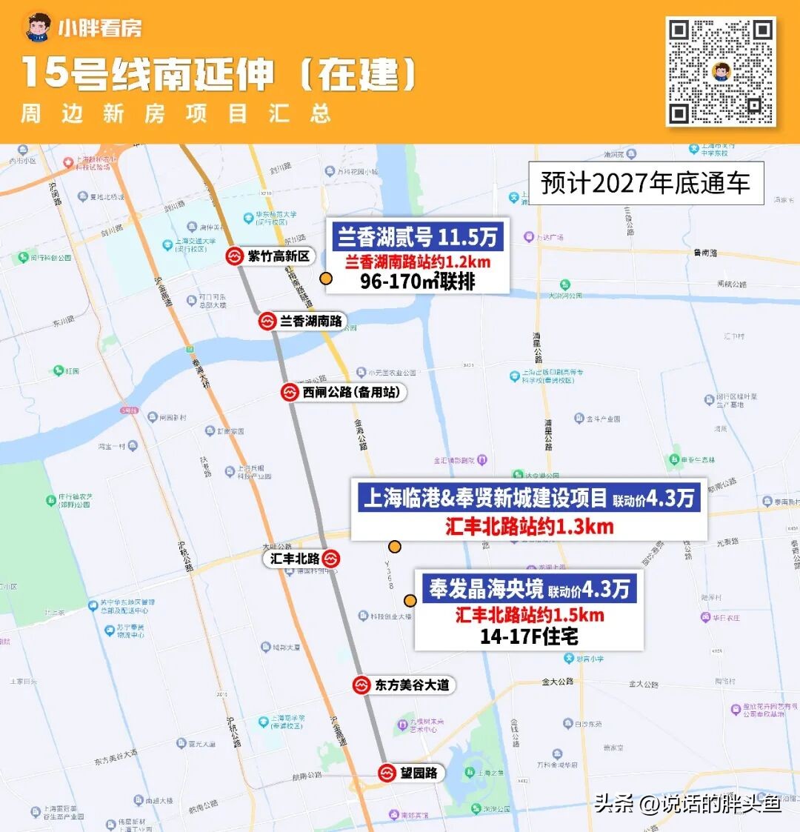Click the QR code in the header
click(x=721, y=71)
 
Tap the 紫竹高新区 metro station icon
click(x=235, y=257)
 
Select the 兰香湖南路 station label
click(x=311, y=322)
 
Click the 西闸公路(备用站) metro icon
click(x=289, y=393)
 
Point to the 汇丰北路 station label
click(x=294, y=559)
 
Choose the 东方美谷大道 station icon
click(x=361, y=685)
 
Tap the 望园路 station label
click(x=419, y=773)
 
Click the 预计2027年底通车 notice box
click(x=645, y=183)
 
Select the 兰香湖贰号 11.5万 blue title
click(x=418, y=237)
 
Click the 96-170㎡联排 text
click(x=418, y=282)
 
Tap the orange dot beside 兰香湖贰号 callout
click(x=325, y=279)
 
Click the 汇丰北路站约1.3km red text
click(x=529, y=527)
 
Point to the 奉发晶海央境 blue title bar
click(x=529, y=589)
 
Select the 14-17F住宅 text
click(x=529, y=636)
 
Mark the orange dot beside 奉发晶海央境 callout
click(x=410, y=601)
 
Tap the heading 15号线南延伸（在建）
click(x=219, y=73)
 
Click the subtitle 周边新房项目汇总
click(x=176, y=114)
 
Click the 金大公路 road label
click(x=558, y=682)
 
